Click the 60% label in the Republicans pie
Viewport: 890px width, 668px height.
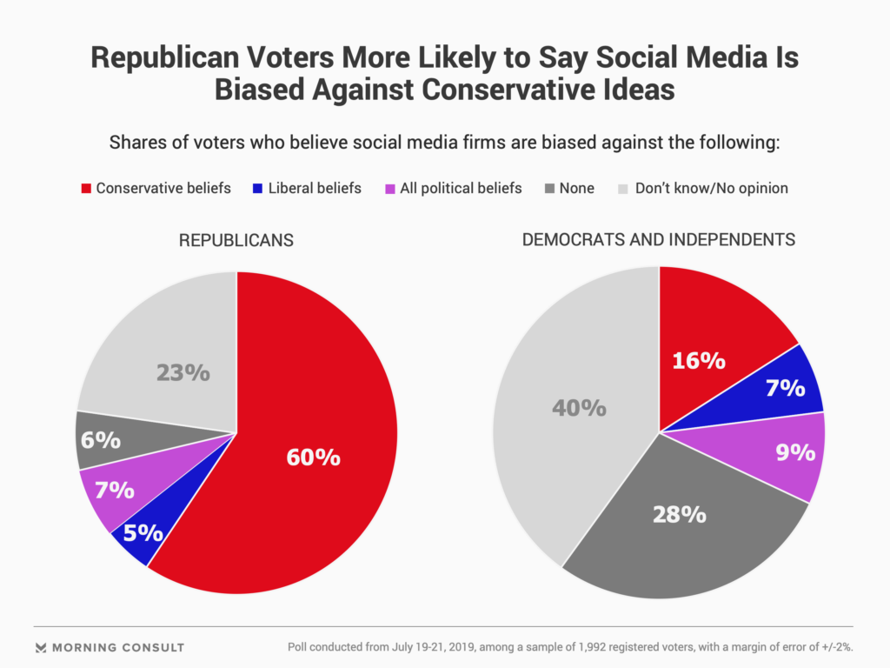pyautogui.click(x=313, y=457)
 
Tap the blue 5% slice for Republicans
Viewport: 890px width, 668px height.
pyautogui.click(x=139, y=531)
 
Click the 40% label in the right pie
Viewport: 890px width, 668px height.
pyautogui.click(x=579, y=406)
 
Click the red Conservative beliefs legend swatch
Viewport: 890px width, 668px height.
pyautogui.click(x=86, y=188)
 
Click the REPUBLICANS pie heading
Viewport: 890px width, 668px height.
pyautogui.click(x=236, y=240)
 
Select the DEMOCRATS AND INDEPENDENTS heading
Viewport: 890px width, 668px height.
pyautogui.click(x=659, y=239)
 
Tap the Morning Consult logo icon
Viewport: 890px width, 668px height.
pyautogui.click(x=41, y=647)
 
